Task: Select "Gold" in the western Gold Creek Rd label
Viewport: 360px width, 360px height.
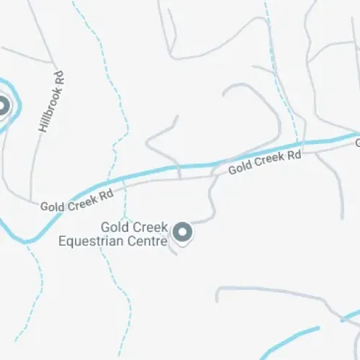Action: pyautogui.click(x=53, y=206)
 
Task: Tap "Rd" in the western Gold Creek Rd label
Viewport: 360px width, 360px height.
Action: pyautogui.click(x=107, y=194)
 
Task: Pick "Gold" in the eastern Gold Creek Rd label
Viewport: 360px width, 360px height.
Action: pyautogui.click(x=240, y=169)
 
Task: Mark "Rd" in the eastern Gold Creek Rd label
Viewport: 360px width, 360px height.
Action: pyautogui.click(x=293, y=154)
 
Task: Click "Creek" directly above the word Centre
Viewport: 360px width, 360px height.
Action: pyautogui.click(x=149, y=227)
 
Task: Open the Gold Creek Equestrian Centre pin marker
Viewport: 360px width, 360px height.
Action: pyautogui.click(x=183, y=232)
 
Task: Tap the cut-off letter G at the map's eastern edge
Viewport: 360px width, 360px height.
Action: pyautogui.click(x=356, y=143)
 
